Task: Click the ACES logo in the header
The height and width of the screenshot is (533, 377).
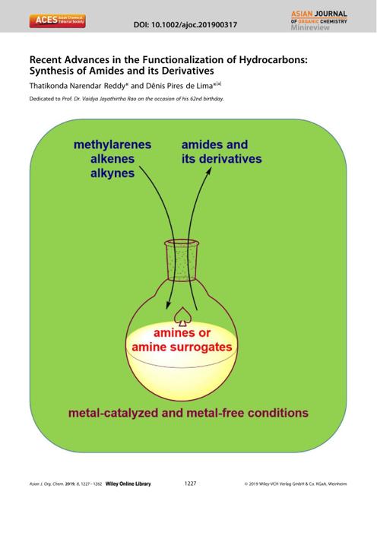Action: (x=57, y=21)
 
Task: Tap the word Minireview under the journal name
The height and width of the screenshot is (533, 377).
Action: (x=310, y=27)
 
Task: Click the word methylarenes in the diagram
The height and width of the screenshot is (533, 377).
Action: (x=112, y=144)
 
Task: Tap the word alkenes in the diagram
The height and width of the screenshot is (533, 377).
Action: (x=112, y=159)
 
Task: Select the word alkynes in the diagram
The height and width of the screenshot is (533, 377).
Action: (x=112, y=173)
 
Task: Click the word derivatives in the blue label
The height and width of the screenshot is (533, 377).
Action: (x=231, y=159)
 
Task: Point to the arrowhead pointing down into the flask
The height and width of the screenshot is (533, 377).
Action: (x=167, y=305)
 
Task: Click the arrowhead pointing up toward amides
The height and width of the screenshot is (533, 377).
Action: (x=208, y=171)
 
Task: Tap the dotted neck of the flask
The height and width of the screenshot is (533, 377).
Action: (x=182, y=260)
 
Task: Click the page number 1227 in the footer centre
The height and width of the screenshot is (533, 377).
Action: (x=190, y=483)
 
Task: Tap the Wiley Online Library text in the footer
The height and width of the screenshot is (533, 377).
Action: (x=128, y=484)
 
